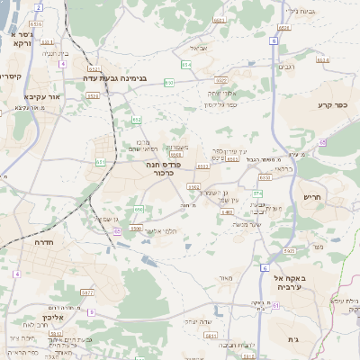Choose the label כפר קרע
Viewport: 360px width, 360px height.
click(x=332, y=105)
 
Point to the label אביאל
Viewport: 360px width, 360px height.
click(x=199, y=48)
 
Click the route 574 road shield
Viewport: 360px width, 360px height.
click(x=256, y=193)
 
